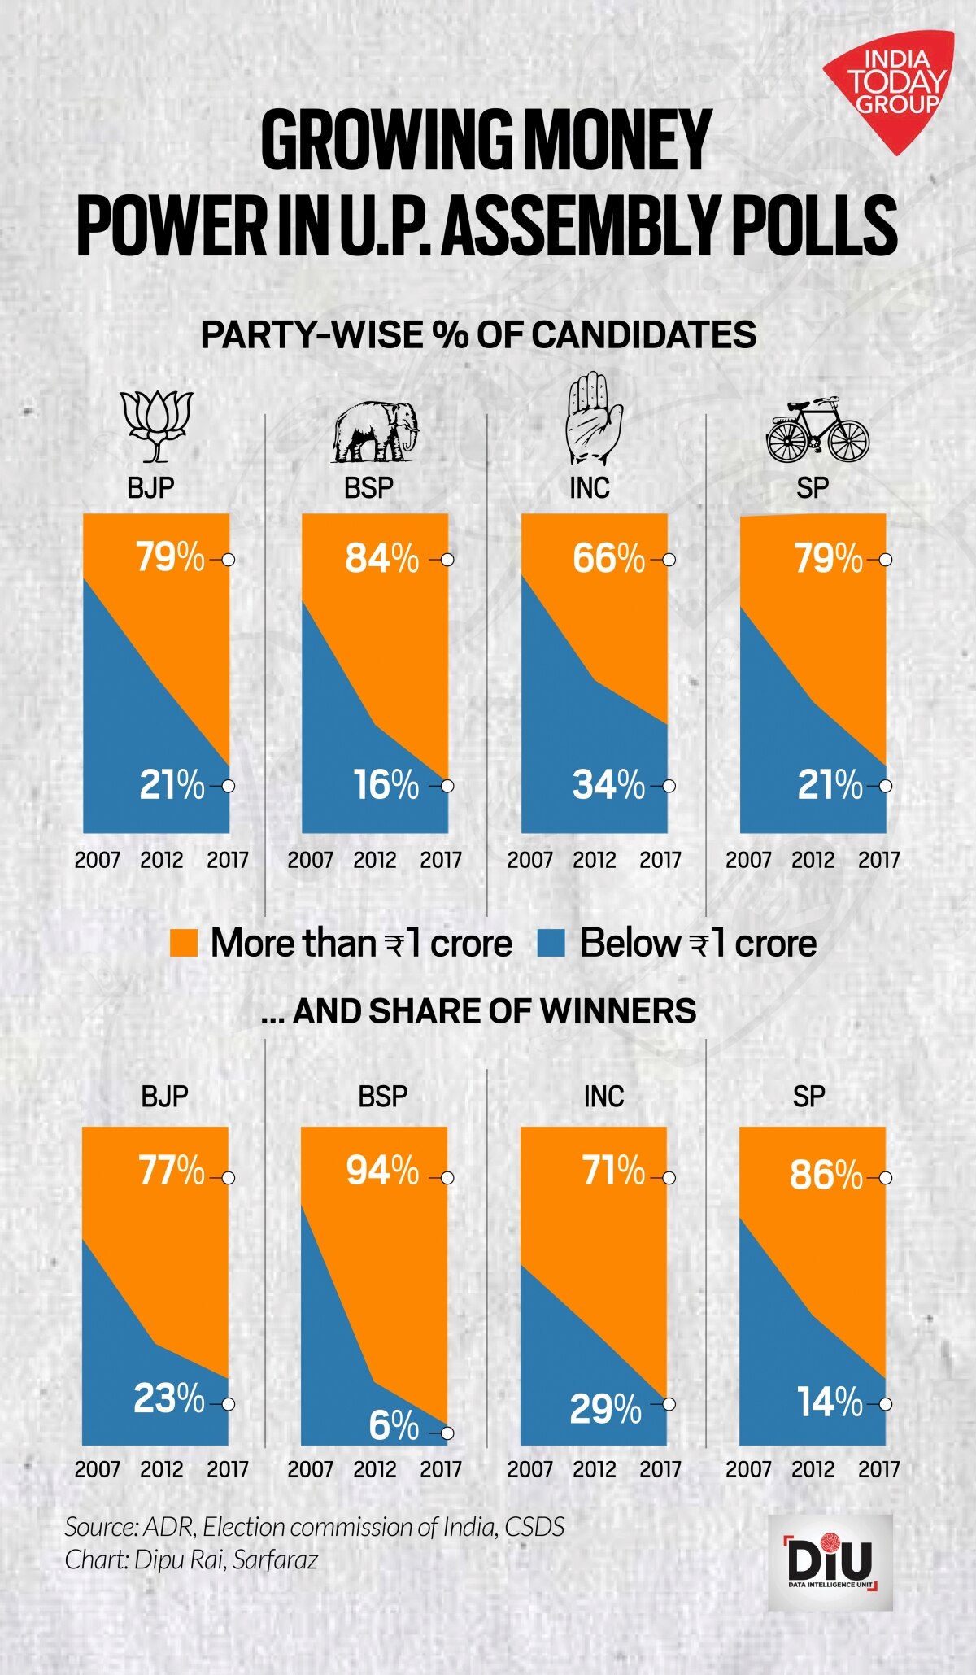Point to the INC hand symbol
point(593,420)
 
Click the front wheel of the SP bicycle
point(847,440)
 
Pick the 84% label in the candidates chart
point(381,559)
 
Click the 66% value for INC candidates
point(608,559)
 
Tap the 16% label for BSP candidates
point(386,785)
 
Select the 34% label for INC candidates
point(608,785)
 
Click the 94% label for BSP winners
point(382,1171)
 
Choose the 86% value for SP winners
point(826,1176)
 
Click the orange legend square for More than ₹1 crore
point(184,944)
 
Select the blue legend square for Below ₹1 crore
point(552,944)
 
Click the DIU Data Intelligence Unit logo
point(830,1563)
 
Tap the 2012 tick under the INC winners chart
point(595,1469)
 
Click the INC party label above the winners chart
point(603,1097)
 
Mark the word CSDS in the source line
point(534,1527)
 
